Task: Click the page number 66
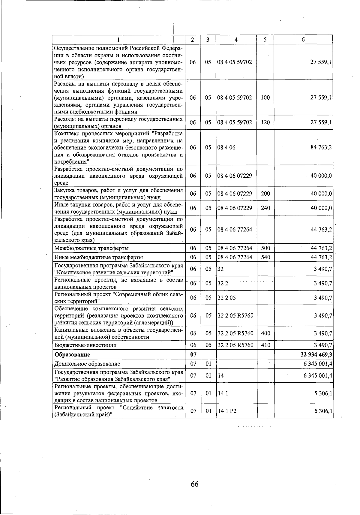pos(194,484)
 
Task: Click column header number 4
pos(236,40)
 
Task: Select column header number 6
pos(303,40)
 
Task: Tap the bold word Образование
pos(72,354)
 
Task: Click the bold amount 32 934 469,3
pos(316,354)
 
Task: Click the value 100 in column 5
pos(265,98)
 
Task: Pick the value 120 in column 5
pos(265,122)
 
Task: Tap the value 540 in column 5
pos(265,257)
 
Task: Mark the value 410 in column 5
pos(265,345)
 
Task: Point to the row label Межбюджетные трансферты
pos(91,248)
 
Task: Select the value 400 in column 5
pos(265,333)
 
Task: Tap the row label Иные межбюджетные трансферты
pos(98,257)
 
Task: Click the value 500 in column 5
pos(265,248)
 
